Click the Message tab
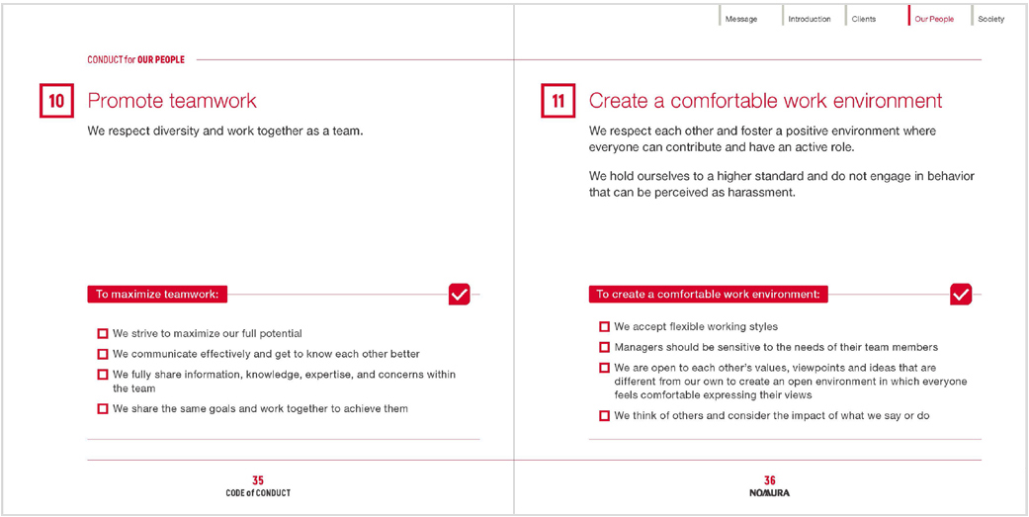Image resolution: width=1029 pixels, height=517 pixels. click(x=740, y=19)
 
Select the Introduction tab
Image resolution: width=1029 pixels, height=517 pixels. click(x=809, y=19)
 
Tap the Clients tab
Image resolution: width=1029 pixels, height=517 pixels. click(x=864, y=19)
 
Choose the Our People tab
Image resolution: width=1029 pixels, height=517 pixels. click(x=934, y=19)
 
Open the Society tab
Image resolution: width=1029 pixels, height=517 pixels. click(x=990, y=19)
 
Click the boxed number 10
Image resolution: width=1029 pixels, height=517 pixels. click(x=56, y=102)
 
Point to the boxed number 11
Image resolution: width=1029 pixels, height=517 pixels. click(x=558, y=102)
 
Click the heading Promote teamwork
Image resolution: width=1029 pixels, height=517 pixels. click(x=172, y=101)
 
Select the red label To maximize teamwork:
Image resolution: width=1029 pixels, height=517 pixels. click(x=157, y=294)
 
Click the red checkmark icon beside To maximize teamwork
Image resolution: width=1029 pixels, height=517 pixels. click(x=459, y=294)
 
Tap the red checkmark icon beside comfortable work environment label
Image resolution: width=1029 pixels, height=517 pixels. click(x=960, y=294)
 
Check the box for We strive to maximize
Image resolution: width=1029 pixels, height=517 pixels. click(x=103, y=334)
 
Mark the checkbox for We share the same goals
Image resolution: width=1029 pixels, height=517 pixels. click(x=103, y=408)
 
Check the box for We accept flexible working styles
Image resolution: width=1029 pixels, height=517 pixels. click(x=604, y=327)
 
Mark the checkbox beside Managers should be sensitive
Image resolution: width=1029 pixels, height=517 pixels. click(x=604, y=347)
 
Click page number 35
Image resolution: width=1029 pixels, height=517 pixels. click(x=258, y=480)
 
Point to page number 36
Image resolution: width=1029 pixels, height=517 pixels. click(x=769, y=480)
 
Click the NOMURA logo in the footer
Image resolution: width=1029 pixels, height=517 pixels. click(x=769, y=492)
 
